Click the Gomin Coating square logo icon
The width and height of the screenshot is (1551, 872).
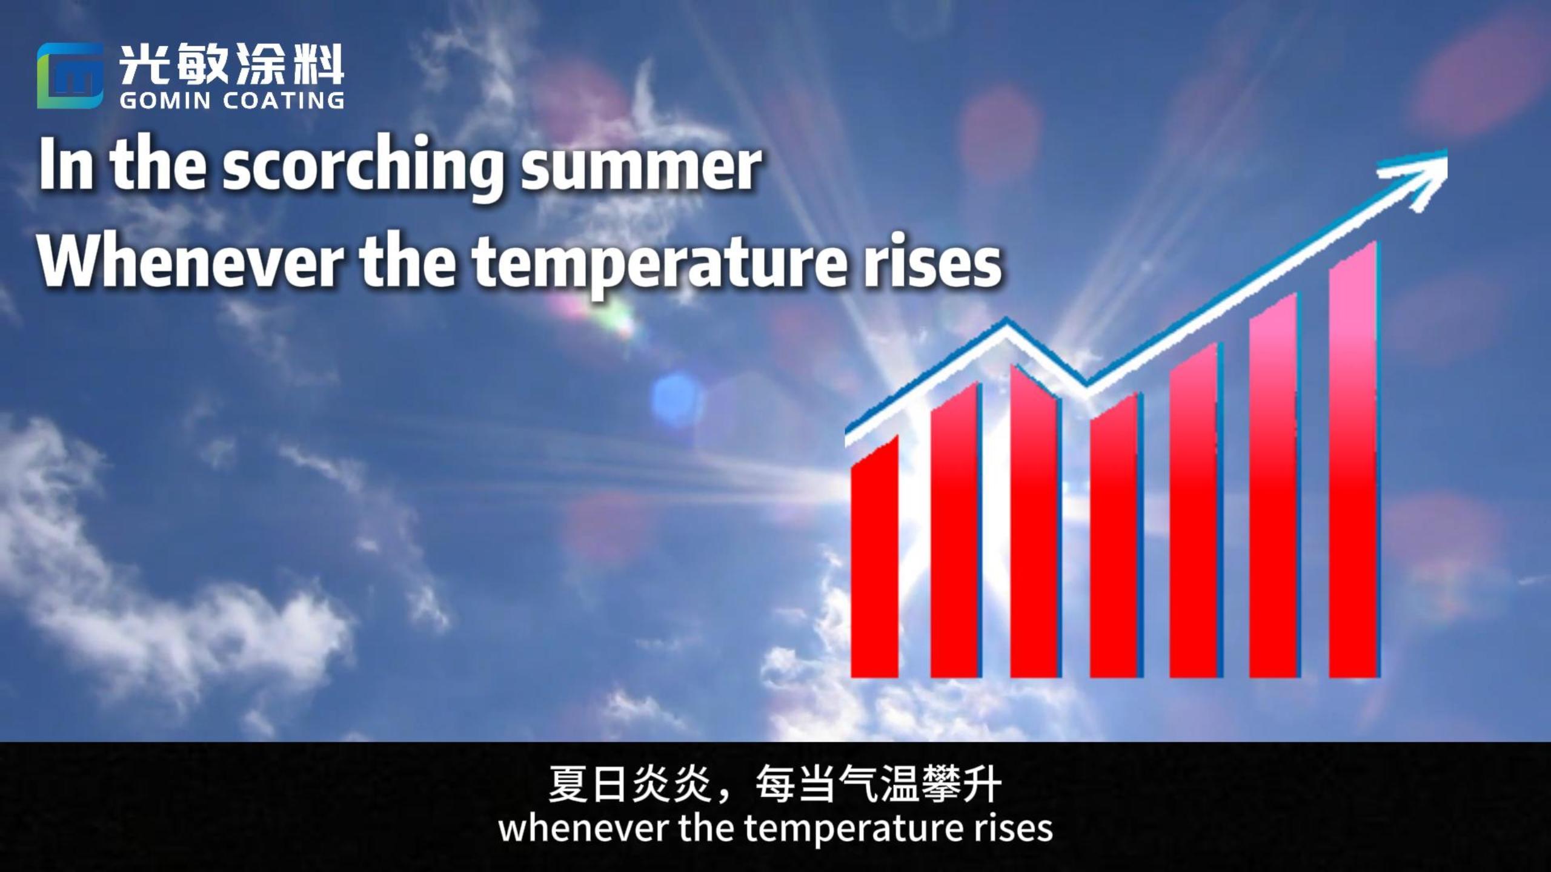pos(70,76)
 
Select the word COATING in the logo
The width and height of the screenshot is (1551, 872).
pos(284,101)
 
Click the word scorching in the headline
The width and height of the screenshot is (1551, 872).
pos(363,168)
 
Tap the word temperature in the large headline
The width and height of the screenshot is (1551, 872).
pos(637,266)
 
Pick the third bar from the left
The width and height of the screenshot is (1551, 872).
pos(1035,521)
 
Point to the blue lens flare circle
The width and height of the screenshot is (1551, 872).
pos(677,398)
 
